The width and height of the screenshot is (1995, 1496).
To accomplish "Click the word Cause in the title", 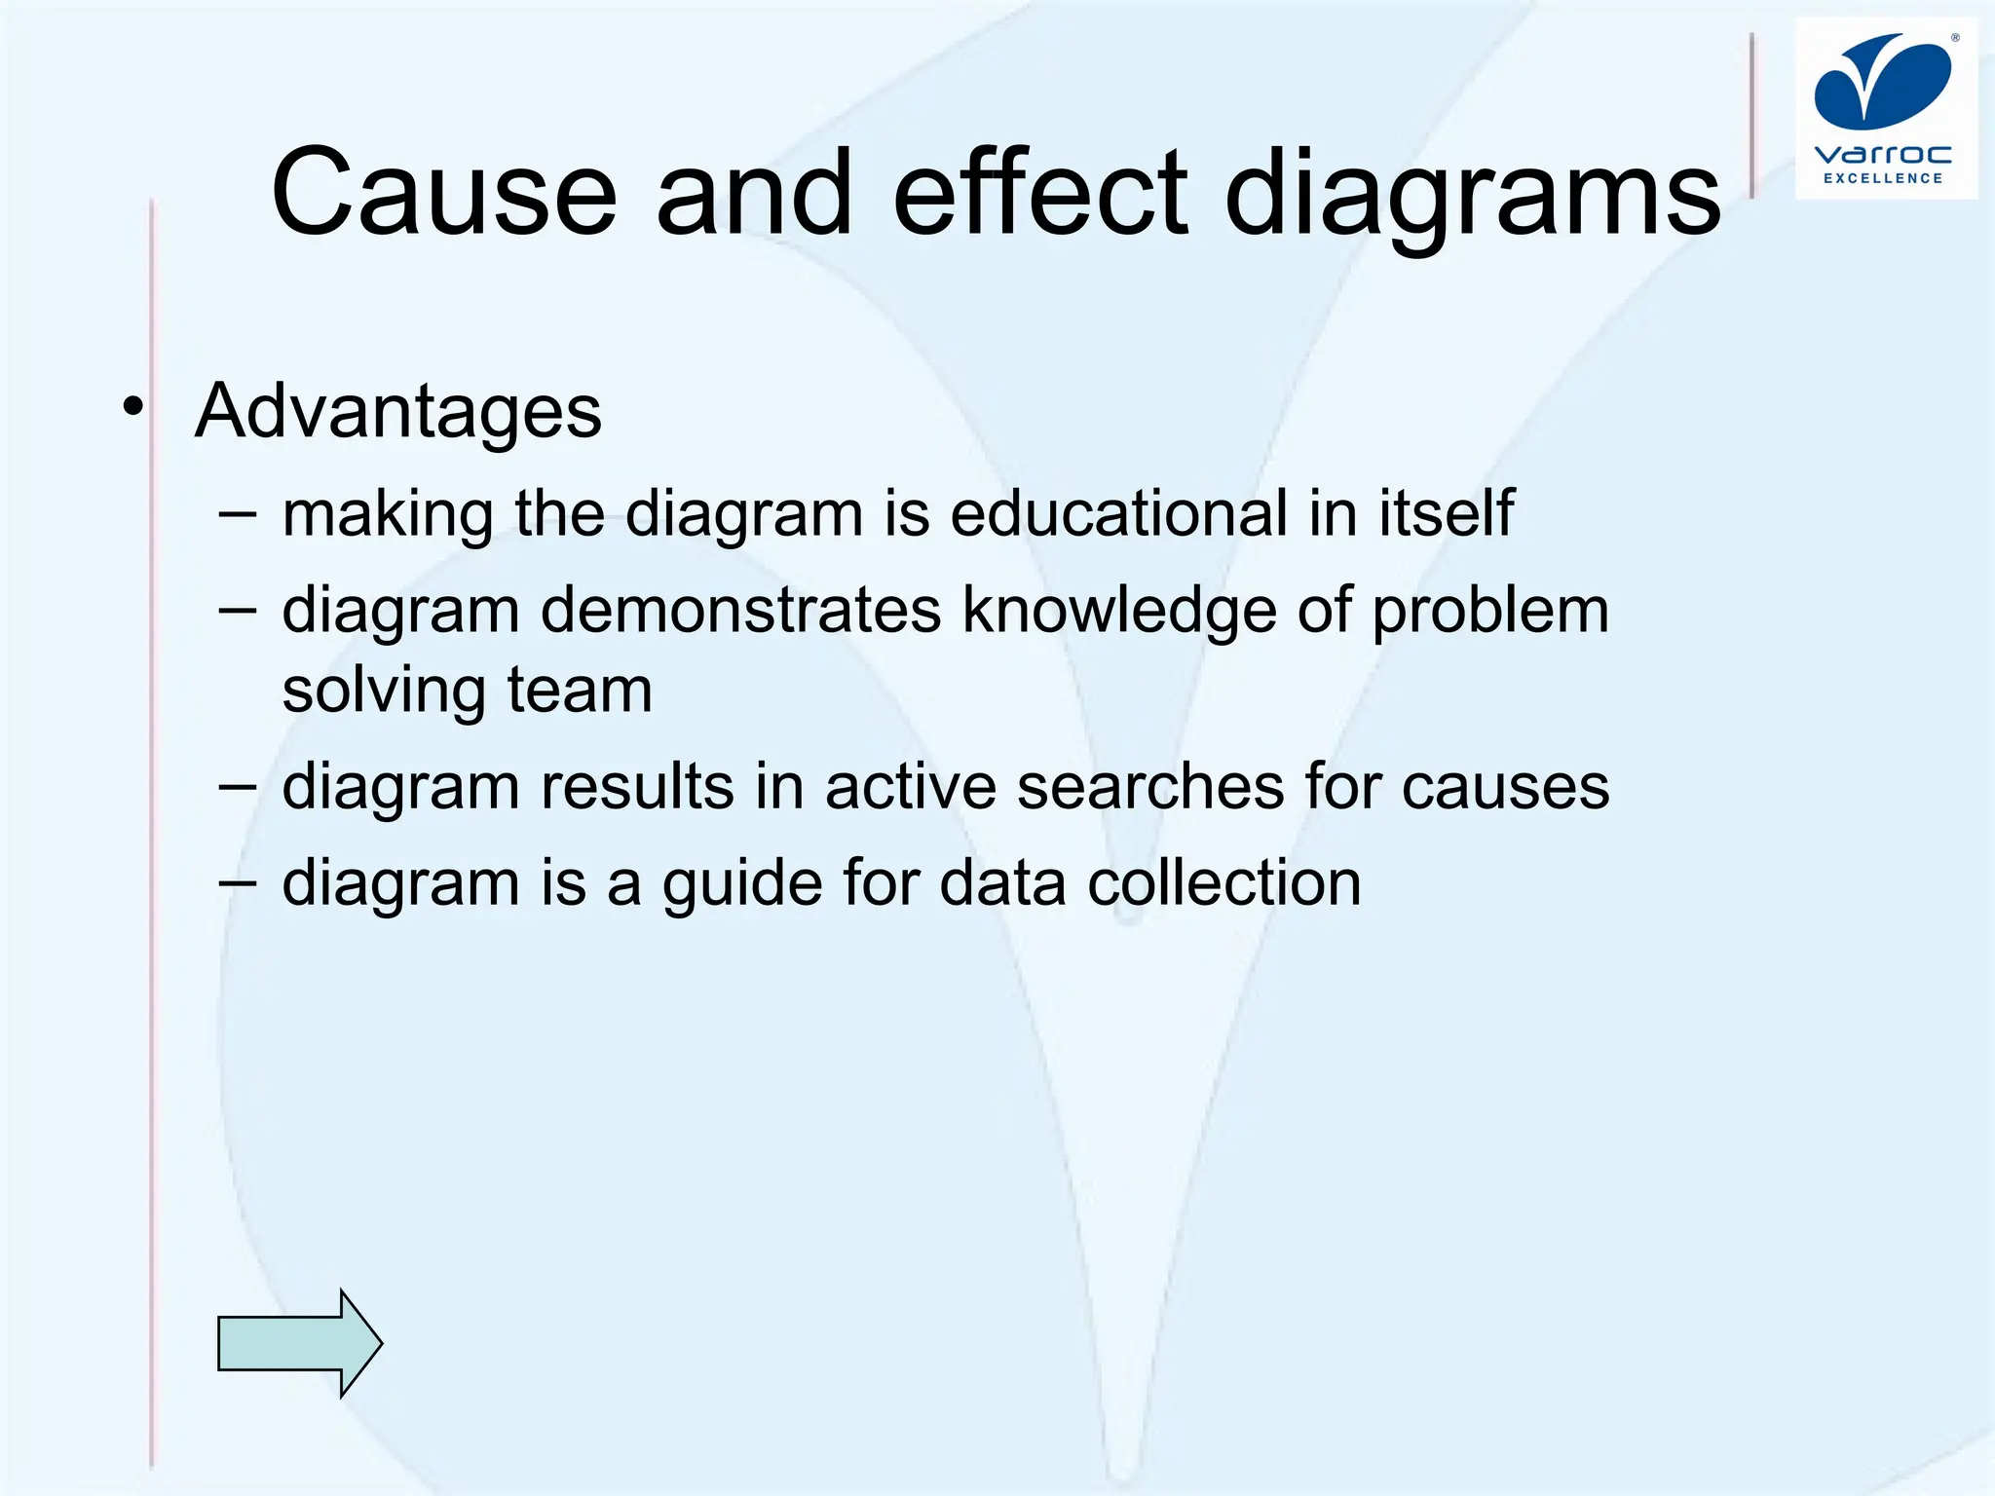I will coord(444,193).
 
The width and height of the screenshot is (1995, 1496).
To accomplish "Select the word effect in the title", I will coord(1040,193).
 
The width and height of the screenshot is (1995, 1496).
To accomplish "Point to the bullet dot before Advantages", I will coord(132,407).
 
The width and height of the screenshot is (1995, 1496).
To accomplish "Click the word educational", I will coord(1118,513).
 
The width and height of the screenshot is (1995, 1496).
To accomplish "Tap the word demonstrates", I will coord(740,611).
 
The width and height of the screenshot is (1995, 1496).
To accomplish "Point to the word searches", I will coord(1150,786).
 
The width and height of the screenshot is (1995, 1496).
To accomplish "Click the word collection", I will coord(1223,883).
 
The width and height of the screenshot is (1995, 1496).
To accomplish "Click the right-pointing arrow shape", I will coord(299,1343).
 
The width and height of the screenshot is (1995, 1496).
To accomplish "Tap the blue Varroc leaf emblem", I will coord(1882,81).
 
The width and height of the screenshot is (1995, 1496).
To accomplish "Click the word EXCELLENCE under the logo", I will coord(1883,178).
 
